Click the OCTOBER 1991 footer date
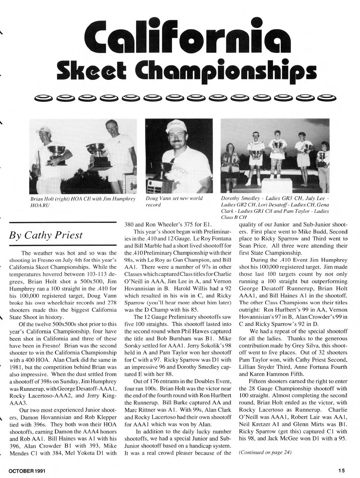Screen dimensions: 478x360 [27, 470]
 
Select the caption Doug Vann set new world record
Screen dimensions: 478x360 [174, 201]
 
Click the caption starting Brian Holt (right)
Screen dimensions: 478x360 [82, 201]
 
